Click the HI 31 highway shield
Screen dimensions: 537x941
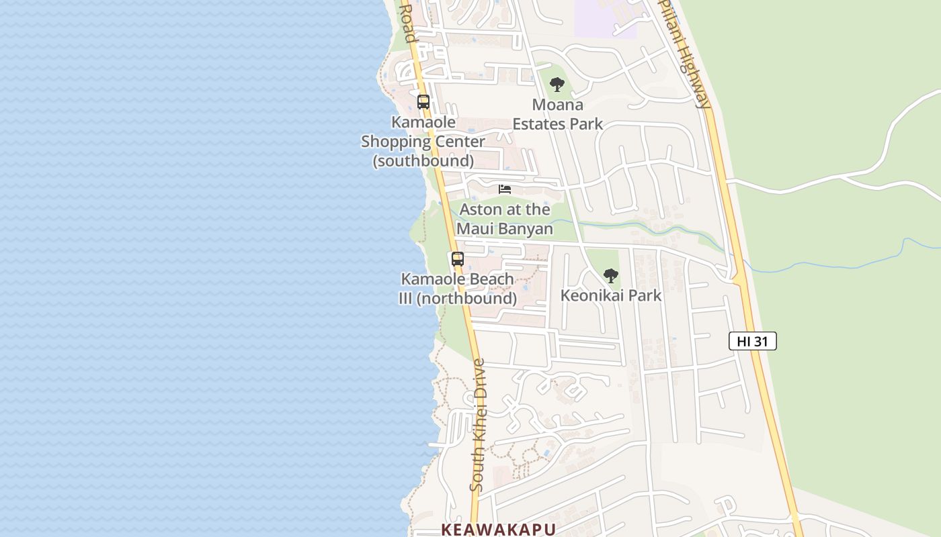click(x=752, y=341)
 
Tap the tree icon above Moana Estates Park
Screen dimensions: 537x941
click(x=557, y=85)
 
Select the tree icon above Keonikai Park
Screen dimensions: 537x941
click(x=610, y=275)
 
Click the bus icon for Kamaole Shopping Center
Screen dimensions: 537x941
click(x=423, y=102)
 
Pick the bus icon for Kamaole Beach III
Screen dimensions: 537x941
click(x=458, y=259)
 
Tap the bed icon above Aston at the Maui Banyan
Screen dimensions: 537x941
click(x=505, y=189)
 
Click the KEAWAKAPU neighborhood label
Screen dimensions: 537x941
click(x=498, y=529)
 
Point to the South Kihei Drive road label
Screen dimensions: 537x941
click(x=478, y=425)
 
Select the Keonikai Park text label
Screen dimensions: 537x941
click(x=611, y=295)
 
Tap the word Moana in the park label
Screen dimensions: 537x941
click(x=557, y=105)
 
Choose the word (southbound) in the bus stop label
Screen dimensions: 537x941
click(x=423, y=161)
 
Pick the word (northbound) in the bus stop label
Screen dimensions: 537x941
click(x=467, y=298)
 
